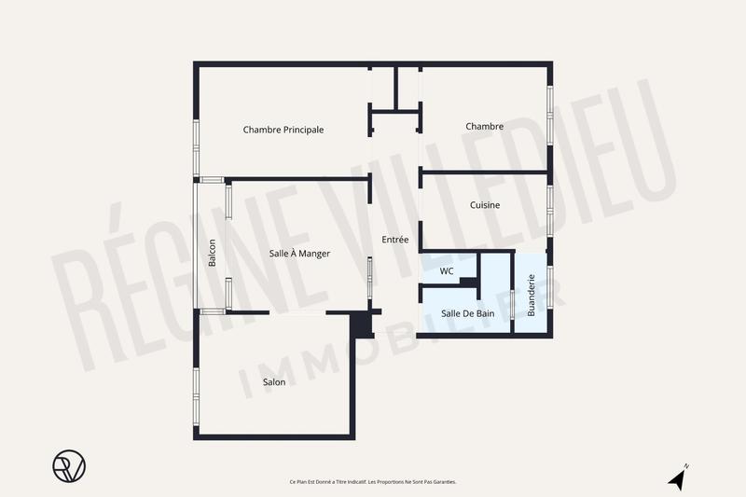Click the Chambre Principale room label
click(x=283, y=130)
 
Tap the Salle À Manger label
click(x=299, y=253)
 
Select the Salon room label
click(x=274, y=382)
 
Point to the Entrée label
click(x=395, y=240)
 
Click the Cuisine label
click(x=485, y=205)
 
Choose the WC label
click(x=447, y=271)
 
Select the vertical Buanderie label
click(x=532, y=295)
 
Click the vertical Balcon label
click(x=213, y=254)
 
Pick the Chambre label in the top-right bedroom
click(x=485, y=127)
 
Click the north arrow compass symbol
click(x=678, y=479)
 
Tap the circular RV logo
click(x=69, y=465)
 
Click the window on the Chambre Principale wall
click(x=196, y=147)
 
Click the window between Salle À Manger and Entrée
click(x=370, y=279)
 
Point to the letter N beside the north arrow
click(x=686, y=466)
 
